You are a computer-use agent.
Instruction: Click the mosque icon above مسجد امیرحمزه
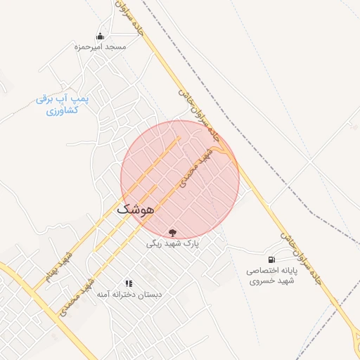click(100, 36)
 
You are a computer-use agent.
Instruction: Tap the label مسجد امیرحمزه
click(100, 46)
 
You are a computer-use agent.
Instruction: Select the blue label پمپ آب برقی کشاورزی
click(63, 105)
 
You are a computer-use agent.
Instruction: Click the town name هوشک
click(135, 210)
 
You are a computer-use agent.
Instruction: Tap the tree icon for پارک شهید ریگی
click(173, 233)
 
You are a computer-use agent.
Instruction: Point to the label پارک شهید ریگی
click(173, 244)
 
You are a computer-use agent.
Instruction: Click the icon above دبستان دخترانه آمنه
click(128, 283)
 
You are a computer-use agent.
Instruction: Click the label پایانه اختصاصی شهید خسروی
click(273, 276)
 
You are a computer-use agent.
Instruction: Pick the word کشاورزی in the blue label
click(61, 111)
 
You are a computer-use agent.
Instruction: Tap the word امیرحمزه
click(89, 46)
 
